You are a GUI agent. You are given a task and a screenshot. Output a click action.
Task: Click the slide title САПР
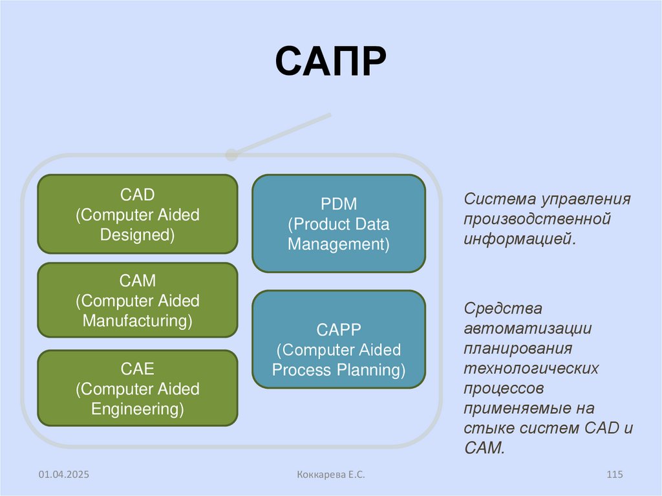pyautogui.click(x=330, y=62)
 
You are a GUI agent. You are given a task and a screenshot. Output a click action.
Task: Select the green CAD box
pyautogui.click(x=138, y=213)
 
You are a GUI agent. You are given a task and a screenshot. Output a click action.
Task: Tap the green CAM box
pyautogui.click(x=138, y=300)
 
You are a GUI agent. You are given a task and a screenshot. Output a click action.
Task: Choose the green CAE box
pyautogui.click(x=138, y=388)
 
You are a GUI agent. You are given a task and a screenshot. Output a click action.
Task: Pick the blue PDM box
pyautogui.click(x=339, y=224)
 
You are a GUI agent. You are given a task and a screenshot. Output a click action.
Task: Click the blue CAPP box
pyautogui.click(x=339, y=339)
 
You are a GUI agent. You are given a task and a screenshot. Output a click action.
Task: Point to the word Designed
pyautogui.click(x=138, y=235)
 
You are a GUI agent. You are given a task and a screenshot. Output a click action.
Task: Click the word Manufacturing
pyautogui.click(x=138, y=321)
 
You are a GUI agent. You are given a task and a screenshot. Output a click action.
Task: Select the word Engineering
pyautogui.click(x=138, y=409)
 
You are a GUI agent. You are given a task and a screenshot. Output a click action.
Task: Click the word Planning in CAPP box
pyautogui.click(x=370, y=371)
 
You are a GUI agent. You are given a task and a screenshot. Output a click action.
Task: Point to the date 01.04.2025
pyautogui.click(x=63, y=475)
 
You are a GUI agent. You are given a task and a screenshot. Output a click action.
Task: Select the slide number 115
pyautogui.click(x=614, y=475)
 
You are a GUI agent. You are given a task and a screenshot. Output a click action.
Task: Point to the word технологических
pyautogui.click(x=531, y=369)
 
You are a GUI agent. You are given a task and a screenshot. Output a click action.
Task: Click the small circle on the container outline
pyautogui.click(x=231, y=155)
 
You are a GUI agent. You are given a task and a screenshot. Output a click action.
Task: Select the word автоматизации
pyautogui.click(x=528, y=328)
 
